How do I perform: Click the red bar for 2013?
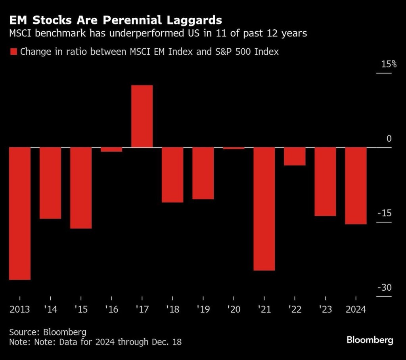click(x=20, y=213)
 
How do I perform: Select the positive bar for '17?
click(x=142, y=116)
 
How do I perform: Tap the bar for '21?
click(x=264, y=209)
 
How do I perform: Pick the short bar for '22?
click(x=295, y=156)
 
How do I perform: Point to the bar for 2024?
click(x=356, y=186)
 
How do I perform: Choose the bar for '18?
click(x=172, y=175)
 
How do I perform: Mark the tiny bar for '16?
click(x=111, y=149)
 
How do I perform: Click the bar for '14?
click(x=50, y=183)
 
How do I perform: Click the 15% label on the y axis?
click(x=389, y=64)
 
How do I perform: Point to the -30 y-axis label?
click(x=383, y=288)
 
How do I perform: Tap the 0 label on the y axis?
click(x=389, y=139)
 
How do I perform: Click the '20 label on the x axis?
click(x=234, y=309)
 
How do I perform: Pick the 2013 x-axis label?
click(x=20, y=309)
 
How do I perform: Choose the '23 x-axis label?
click(x=325, y=309)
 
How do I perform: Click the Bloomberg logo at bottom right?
click(x=370, y=340)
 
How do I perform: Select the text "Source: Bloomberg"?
click(x=48, y=331)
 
